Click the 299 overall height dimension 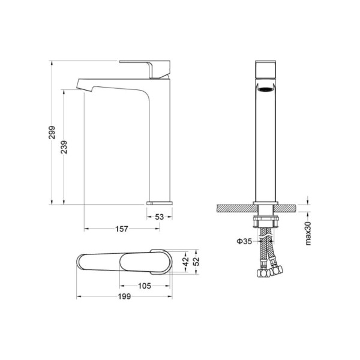coord(52,132)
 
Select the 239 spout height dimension coord(64,147)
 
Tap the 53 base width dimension coord(160,217)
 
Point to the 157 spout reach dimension coord(122,229)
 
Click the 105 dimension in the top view coord(145,286)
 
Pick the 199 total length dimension coord(124,296)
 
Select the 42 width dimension coord(186,262)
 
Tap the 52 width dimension coord(197,262)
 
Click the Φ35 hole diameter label coord(244,241)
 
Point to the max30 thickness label coord(308,233)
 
